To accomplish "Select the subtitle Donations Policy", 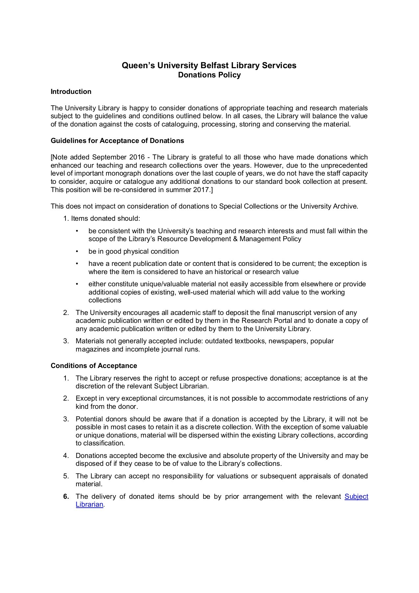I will pyautogui.click(x=209, y=75).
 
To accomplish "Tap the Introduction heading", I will pyautogui.click(x=71, y=92).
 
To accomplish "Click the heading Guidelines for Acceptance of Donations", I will pyautogui.click(x=117, y=141).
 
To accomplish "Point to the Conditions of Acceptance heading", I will pyautogui.click(x=94, y=366).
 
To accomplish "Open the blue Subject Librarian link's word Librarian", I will pyautogui.click(x=90, y=504).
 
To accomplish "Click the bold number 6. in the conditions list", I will pyautogui.click(x=66, y=496).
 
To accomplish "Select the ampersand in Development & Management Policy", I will pyautogui.click(x=235, y=239).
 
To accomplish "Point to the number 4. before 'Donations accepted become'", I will pyautogui.click(x=66, y=456).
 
